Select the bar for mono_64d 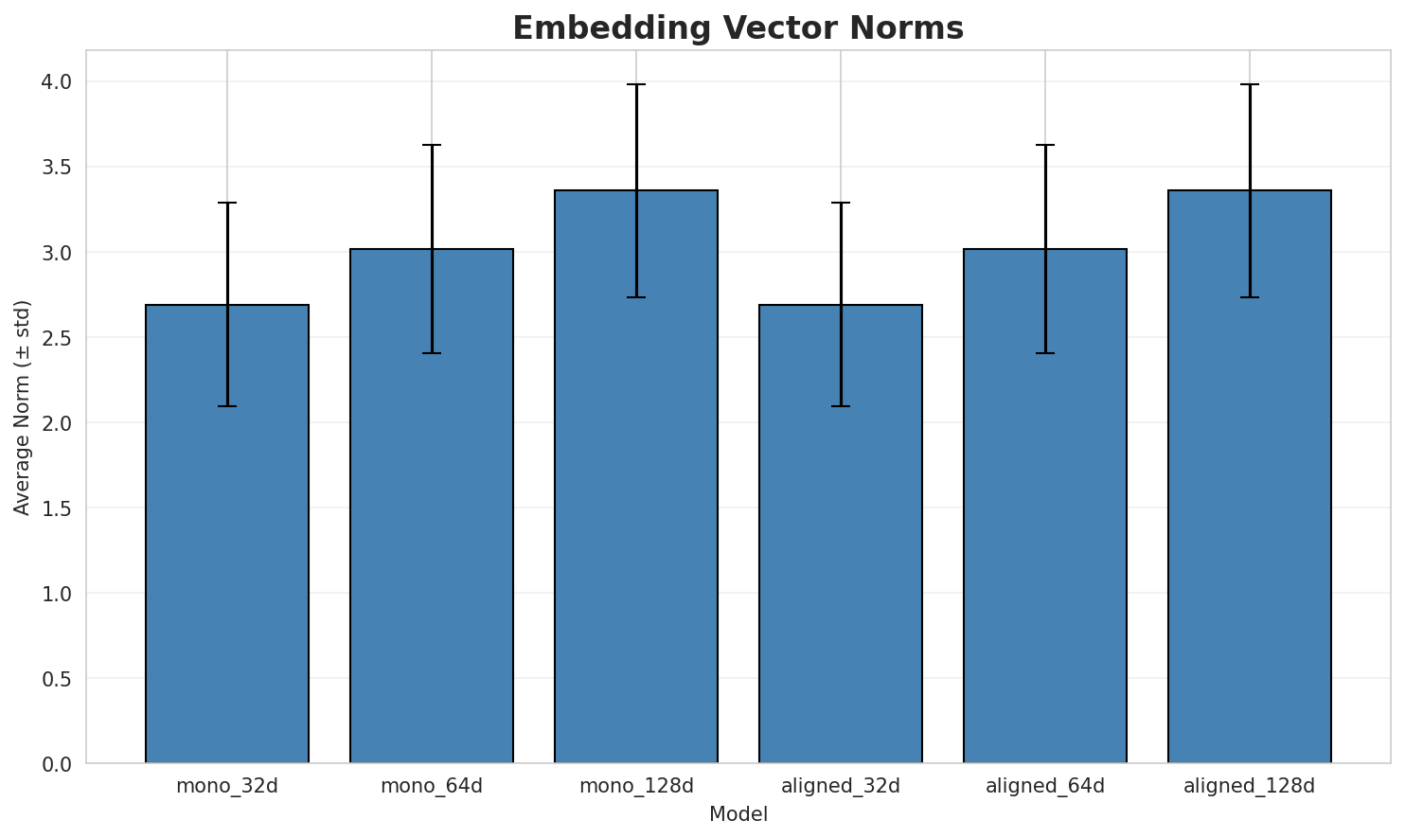pos(432,506)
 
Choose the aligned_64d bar pos(1045,506)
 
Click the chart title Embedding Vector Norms pos(738,28)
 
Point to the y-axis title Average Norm pos(23,407)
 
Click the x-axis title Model pos(738,814)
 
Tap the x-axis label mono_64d pos(432,786)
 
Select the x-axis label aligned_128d pos(1250,786)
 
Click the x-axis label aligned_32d pos(841,786)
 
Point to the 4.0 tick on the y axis pos(58,82)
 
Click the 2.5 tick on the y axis pos(58,338)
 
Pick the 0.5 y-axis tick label pos(58,679)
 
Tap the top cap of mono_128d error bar pos(636,84)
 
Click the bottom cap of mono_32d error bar pos(227,406)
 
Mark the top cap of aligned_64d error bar pos(1045,145)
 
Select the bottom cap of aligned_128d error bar pos(1250,297)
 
